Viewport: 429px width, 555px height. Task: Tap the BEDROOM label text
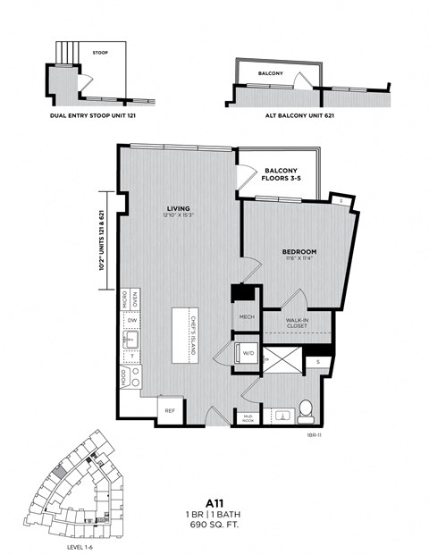tap(299, 252)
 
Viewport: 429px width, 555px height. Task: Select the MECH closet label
tap(248, 316)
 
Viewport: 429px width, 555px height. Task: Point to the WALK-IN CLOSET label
tap(297, 322)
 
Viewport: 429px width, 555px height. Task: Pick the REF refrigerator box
tap(170, 410)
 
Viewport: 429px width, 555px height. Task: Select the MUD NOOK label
tap(247, 416)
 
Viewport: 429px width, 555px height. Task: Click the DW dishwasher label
tap(132, 319)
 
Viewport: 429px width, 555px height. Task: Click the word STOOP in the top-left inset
tap(100, 53)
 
